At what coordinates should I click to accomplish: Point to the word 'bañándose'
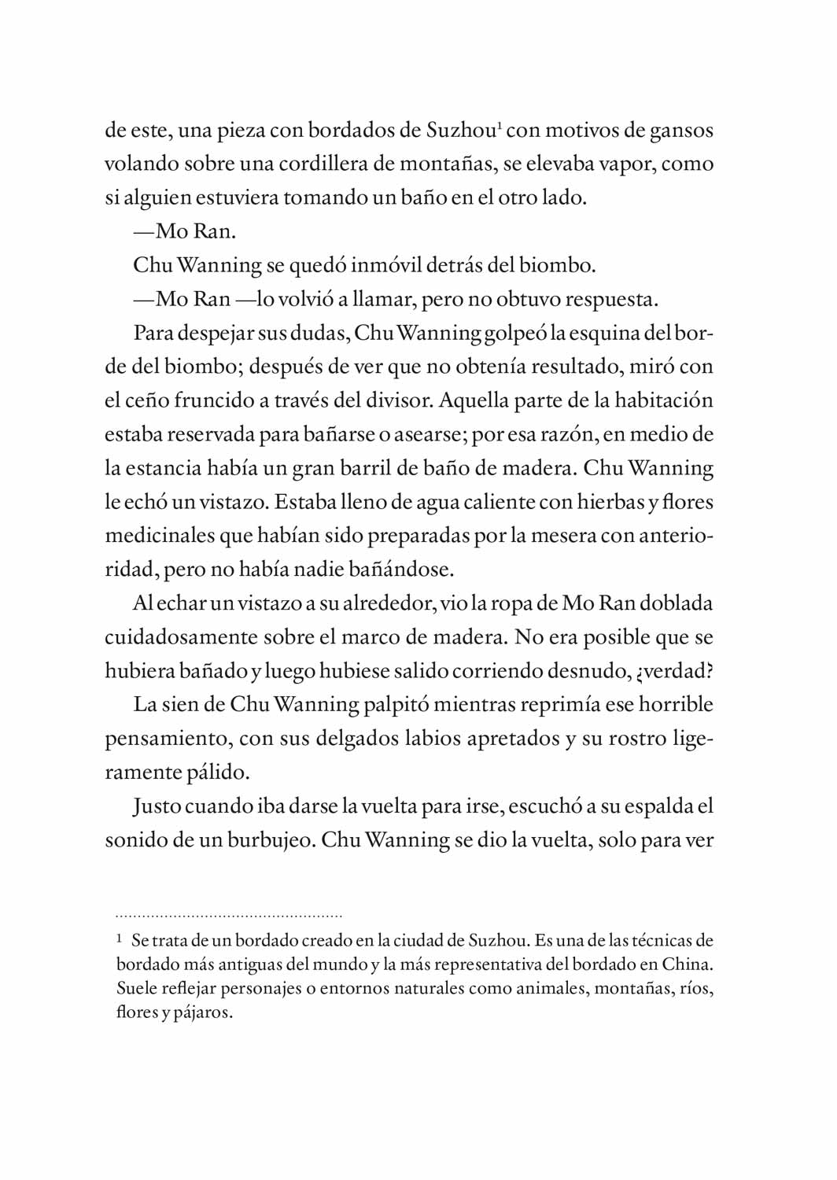pos(400,570)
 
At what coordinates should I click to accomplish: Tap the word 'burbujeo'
pos(271,840)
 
